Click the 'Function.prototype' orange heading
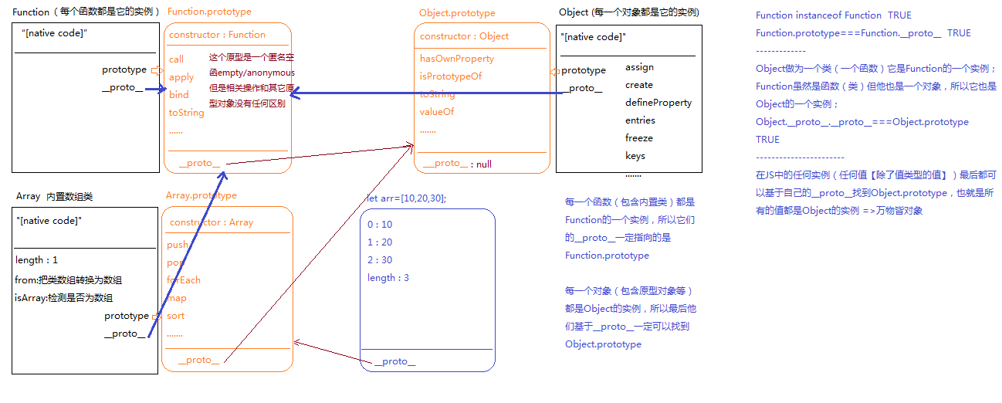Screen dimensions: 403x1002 pos(208,12)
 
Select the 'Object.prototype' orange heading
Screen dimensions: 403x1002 pos(457,13)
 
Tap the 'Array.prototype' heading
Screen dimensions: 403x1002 pos(201,195)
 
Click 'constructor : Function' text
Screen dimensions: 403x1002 pos(217,35)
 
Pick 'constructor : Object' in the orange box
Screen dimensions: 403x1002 pos(464,36)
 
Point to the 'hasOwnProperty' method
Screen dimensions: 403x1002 pos(457,59)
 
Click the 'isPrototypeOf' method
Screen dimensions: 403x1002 pos(451,76)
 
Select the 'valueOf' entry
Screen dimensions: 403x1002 pos(436,112)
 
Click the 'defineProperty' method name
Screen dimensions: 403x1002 pos(658,103)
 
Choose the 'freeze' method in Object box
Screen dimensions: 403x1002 pos(639,138)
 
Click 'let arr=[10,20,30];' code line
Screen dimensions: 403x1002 pos(406,198)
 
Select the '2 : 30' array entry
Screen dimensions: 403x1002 pos(380,260)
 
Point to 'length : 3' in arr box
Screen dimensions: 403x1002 pos(388,278)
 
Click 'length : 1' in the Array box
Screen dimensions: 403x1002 pos(36,260)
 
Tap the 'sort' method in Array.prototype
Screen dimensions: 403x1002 pos(176,316)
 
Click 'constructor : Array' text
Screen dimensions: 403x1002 pos(212,222)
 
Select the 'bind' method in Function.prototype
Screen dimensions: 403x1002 pos(178,95)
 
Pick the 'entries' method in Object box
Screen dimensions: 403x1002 pos(640,120)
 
